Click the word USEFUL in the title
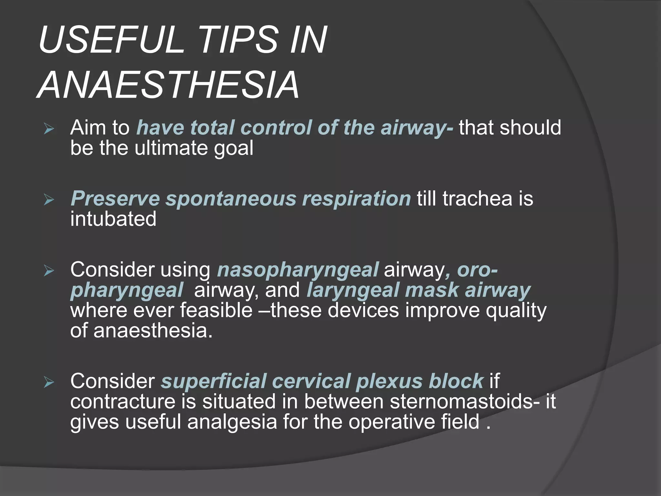pos(111,40)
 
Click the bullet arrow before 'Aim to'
pos(49,129)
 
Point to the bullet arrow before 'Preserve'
pos(49,200)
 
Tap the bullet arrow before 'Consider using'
pos(49,271)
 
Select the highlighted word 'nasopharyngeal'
pos(298,270)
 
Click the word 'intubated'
pos(113,219)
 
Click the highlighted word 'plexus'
pos(389,381)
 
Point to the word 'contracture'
pos(123,401)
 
